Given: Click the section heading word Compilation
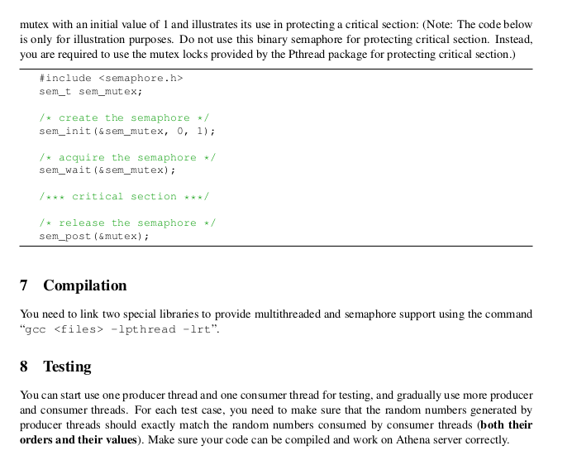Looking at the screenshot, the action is pos(85,285).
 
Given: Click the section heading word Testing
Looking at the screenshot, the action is pos(67,367).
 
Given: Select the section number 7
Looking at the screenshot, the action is pos(24,285).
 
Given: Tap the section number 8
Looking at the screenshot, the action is pos(24,367).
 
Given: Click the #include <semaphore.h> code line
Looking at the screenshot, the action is pos(111,78).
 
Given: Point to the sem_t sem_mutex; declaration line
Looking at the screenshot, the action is pos(91,91).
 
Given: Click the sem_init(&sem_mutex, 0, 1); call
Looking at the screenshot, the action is pos(127,131).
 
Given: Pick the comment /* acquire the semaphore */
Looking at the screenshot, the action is pos(127,157).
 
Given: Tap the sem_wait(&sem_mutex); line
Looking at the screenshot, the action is pos(107,170).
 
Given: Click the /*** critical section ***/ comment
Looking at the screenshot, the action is pos(124,196).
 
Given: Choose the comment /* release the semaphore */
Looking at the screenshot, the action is pos(127,223).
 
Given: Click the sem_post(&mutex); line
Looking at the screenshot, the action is pos(94,236).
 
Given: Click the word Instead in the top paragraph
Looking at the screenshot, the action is pos(514,39).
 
